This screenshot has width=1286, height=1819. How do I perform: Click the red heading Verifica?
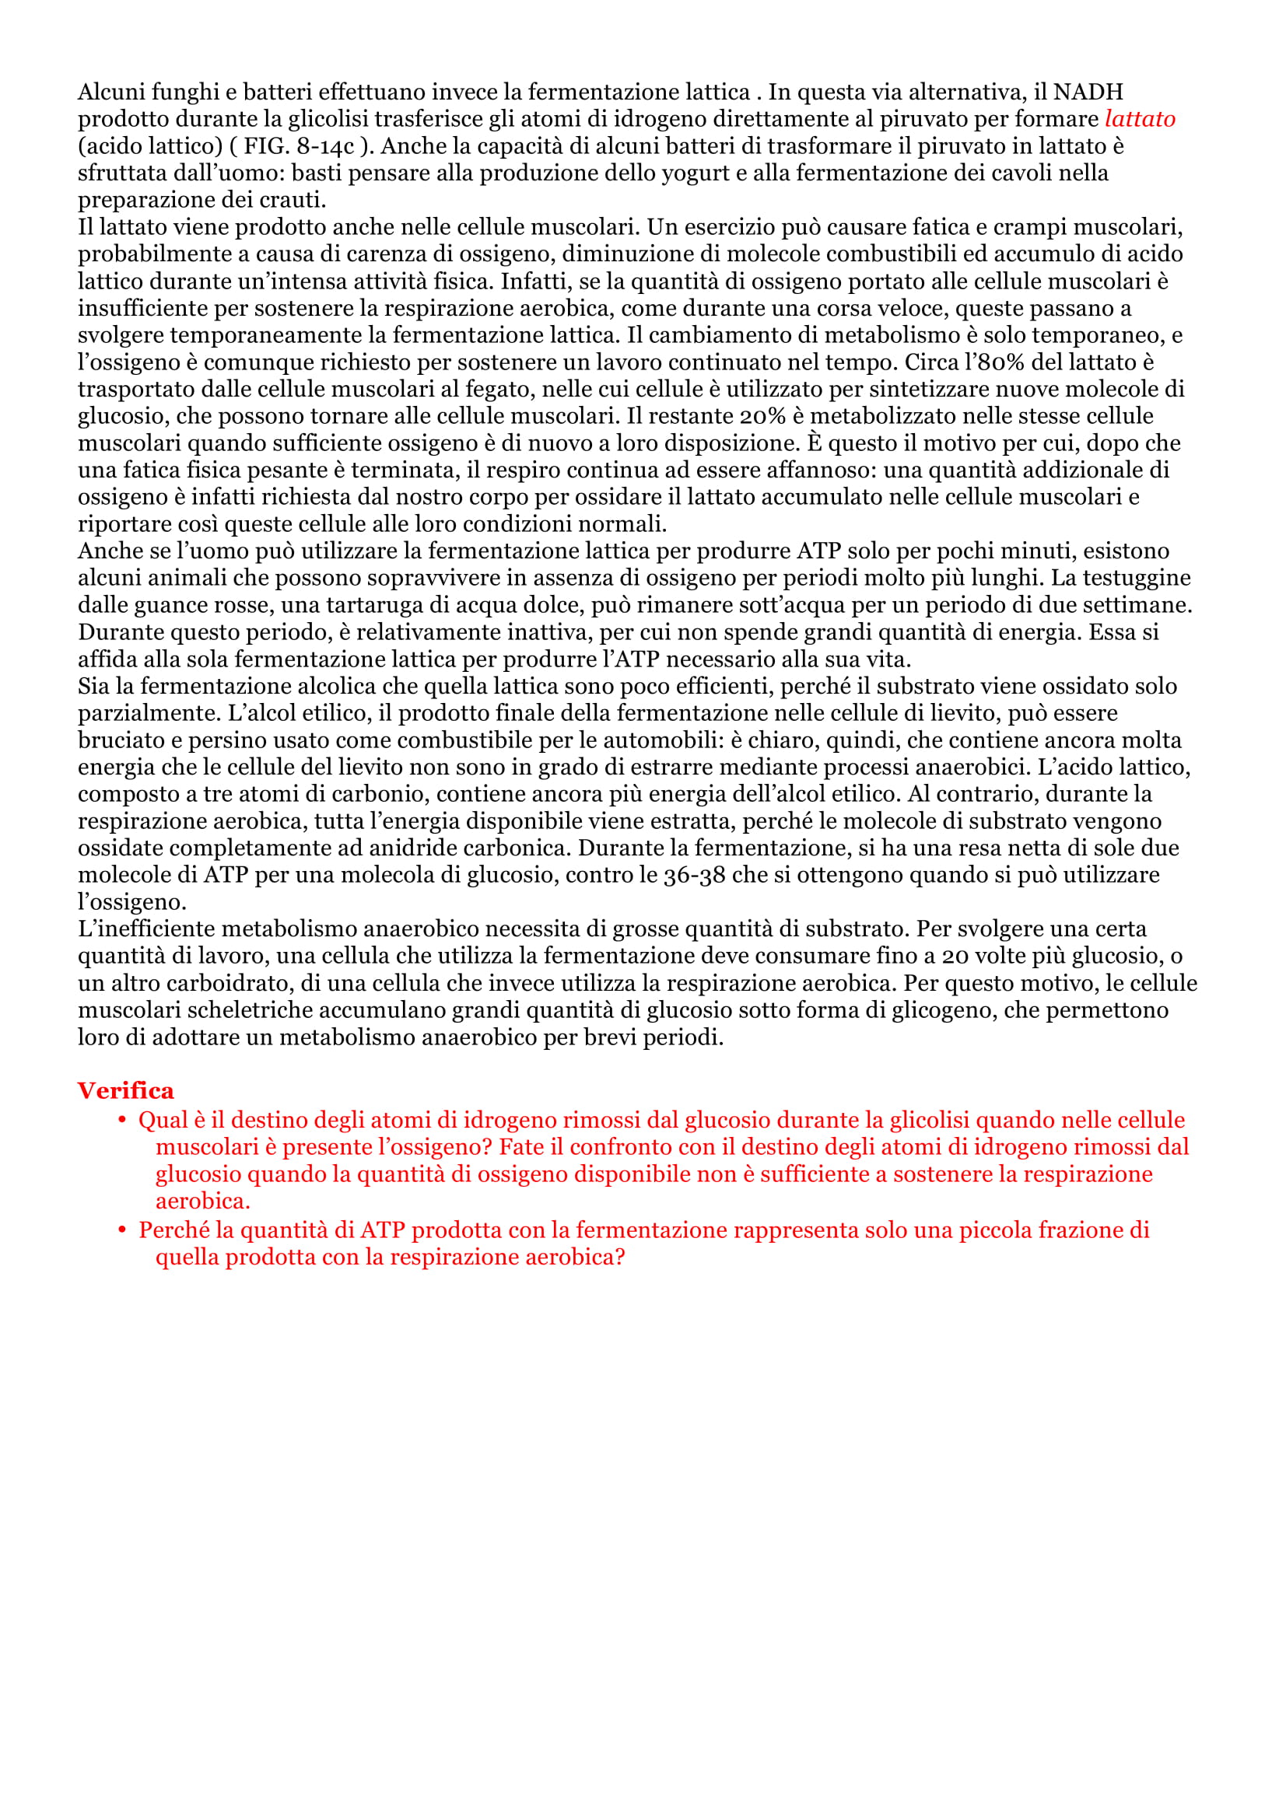tap(125, 1091)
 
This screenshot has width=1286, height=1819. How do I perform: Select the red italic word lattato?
tap(1140, 119)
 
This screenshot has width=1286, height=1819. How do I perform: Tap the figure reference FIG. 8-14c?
tap(299, 146)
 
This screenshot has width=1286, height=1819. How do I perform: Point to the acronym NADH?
tap(1088, 92)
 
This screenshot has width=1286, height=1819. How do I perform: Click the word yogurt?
tap(689, 173)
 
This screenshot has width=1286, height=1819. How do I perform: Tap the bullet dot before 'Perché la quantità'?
tap(122, 1230)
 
